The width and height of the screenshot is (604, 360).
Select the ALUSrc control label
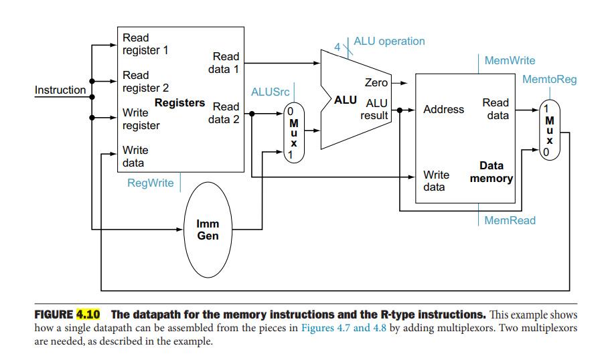[270, 92]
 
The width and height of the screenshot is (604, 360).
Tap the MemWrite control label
[510, 60]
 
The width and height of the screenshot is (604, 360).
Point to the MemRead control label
[510, 220]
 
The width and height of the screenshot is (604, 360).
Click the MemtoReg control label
[549, 80]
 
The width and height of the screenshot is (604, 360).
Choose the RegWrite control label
[150, 183]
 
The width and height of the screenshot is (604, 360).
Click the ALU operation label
[389, 41]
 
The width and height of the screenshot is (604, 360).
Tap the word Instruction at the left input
[60, 90]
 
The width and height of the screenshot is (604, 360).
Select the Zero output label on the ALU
[376, 83]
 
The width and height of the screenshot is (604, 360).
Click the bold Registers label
[179, 103]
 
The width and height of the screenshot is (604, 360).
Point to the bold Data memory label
[492, 172]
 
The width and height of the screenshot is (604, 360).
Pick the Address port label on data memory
[443, 109]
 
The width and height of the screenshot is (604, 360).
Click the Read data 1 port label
[224, 63]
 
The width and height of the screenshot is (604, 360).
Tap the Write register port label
[141, 119]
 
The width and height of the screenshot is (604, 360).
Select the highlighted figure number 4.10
[88, 314]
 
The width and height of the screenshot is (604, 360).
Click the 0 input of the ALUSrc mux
[291, 111]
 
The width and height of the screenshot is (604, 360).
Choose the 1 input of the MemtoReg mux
[546, 109]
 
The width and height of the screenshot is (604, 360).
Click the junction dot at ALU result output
[400, 110]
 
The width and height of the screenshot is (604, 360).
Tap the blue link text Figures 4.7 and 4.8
[344, 328]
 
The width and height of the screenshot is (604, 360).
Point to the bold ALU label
[345, 100]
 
